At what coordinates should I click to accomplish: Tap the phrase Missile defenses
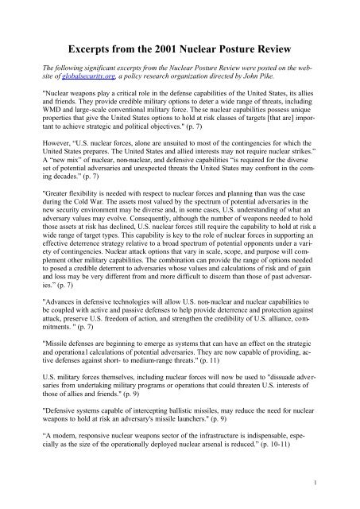tap(72, 370)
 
